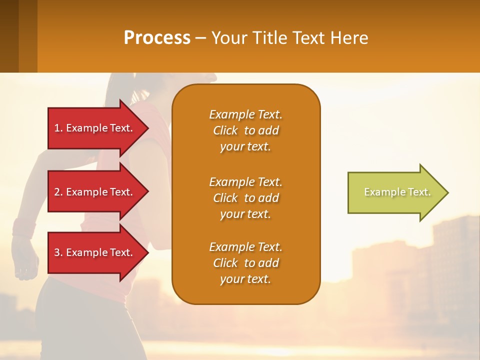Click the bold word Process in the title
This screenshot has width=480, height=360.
point(157,38)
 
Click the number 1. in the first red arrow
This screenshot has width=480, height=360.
point(58,128)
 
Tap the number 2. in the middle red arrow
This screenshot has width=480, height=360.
point(58,192)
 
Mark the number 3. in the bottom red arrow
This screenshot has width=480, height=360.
point(58,252)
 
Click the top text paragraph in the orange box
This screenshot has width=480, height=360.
point(245,130)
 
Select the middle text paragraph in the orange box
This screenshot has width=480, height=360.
point(245,198)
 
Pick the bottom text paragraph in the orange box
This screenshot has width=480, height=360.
point(245,263)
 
